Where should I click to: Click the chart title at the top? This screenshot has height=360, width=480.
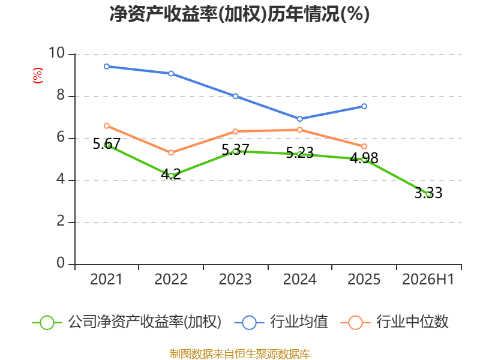click(x=239, y=14)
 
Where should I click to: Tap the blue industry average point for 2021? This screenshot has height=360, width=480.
click(x=107, y=67)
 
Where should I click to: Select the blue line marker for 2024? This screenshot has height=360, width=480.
click(x=299, y=119)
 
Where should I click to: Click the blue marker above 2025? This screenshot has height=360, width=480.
click(x=364, y=106)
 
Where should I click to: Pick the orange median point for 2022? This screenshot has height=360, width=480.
click(x=171, y=152)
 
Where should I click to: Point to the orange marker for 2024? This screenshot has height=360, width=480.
click(x=299, y=130)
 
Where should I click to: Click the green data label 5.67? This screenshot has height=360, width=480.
click(x=107, y=143)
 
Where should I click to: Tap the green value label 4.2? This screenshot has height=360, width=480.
click(x=171, y=175)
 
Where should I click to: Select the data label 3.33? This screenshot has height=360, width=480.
click(x=428, y=193)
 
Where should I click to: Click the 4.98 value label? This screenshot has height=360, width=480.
click(x=364, y=158)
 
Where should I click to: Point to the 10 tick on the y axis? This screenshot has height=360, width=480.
click(x=57, y=53)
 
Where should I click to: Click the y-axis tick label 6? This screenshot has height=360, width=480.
click(x=61, y=137)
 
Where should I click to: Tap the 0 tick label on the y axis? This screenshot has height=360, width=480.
click(x=61, y=263)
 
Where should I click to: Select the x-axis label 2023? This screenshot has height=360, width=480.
click(x=235, y=280)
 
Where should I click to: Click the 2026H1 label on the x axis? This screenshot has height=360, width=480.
click(x=428, y=280)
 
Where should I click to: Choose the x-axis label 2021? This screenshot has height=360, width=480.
click(x=106, y=280)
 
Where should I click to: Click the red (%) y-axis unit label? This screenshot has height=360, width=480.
click(x=38, y=76)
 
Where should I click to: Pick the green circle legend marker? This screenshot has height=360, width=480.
click(x=47, y=323)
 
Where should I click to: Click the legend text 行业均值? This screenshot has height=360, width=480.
click(x=299, y=322)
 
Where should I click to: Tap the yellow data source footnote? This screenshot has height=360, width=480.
click(x=240, y=354)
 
